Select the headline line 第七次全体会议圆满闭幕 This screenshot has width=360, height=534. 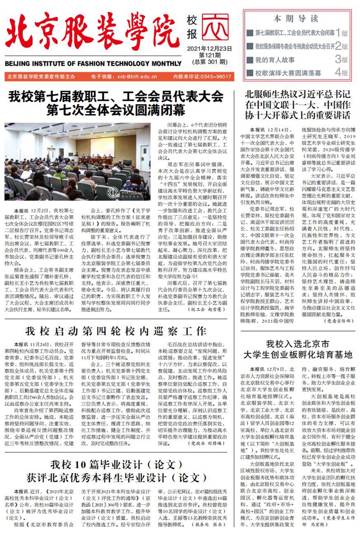[115, 111]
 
